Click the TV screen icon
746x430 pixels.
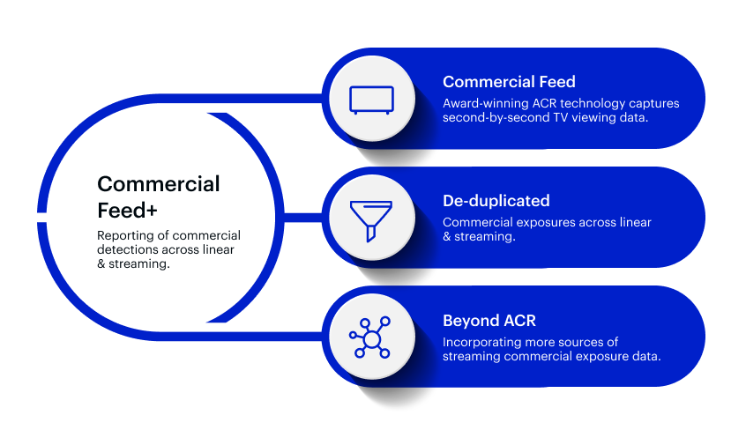pos(371,100)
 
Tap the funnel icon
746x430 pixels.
pos(371,220)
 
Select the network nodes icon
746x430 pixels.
pos(370,337)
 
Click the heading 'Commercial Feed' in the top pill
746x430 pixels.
pos(509,82)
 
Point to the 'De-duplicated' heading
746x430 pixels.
pos(496,201)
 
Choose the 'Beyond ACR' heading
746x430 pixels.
pos(489,321)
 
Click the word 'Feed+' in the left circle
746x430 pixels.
pos(127,211)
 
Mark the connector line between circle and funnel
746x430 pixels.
pos(303,218)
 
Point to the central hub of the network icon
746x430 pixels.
pos(371,339)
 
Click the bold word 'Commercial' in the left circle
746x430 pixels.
pos(159,184)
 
